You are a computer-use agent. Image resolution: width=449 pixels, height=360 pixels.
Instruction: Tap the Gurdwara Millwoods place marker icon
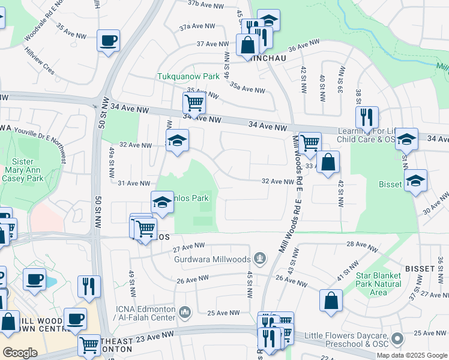259,259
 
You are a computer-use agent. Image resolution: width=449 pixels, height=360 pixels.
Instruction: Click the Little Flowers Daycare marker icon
397,340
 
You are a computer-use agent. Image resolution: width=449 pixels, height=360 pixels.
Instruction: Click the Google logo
20,353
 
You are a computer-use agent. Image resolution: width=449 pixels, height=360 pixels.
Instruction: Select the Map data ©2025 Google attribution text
412,355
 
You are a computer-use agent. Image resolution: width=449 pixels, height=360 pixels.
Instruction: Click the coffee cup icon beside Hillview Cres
108,41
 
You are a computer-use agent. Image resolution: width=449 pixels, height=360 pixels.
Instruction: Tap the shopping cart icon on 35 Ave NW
194,103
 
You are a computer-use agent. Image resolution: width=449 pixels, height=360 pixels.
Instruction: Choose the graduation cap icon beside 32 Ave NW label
177,141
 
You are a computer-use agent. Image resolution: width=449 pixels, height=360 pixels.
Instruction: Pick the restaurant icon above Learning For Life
366,116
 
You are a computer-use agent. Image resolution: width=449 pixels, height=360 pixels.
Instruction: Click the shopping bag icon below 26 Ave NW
331,301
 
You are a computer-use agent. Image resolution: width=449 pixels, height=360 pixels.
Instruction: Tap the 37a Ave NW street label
197,26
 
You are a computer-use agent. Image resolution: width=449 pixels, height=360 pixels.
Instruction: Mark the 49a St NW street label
112,164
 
